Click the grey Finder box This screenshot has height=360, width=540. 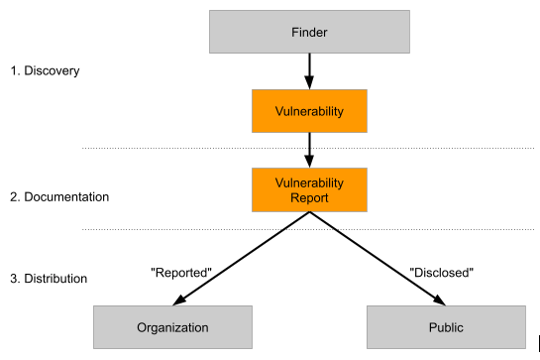pyautogui.click(x=309, y=33)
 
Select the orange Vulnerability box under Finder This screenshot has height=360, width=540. pyautogui.click(x=309, y=111)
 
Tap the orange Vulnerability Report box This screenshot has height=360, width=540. pyautogui.click(x=309, y=189)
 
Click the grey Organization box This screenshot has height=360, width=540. pyautogui.click(x=172, y=326)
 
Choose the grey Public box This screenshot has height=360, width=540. pyautogui.click(x=447, y=326)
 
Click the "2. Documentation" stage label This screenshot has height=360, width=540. pyautogui.click(x=58, y=196)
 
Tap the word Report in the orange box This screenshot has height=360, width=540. pyautogui.click(x=309, y=197)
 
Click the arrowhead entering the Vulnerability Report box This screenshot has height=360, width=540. pyautogui.click(x=309, y=162)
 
